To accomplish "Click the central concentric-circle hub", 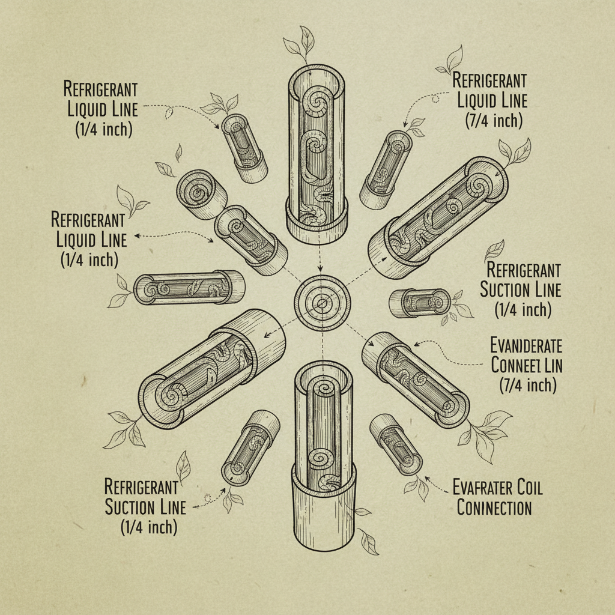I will pyautogui.click(x=322, y=303).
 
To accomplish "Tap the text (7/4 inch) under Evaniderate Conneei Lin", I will pyautogui.click(x=528, y=385).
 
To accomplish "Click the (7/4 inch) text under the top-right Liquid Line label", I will pyautogui.click(x=494, y=120).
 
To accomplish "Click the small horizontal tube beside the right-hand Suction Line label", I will pyautogui.click(x=419, y=302).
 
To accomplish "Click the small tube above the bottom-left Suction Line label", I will pyautogui.click(x=251, y=446).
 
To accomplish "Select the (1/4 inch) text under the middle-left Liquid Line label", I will pyautogui.click(x=89, y=259).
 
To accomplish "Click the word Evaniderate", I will pyautogui.click(x=526, y=345).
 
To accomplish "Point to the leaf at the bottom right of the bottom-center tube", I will pyautogui.click(x=368, y=543).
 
